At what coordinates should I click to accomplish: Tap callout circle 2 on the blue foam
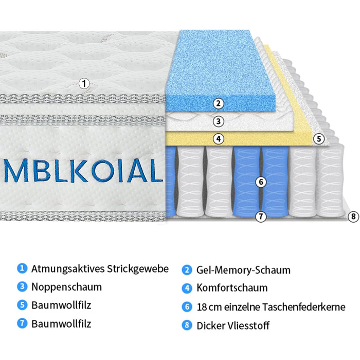(x=219, y=103)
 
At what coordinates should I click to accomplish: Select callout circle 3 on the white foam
(x=219, y=122)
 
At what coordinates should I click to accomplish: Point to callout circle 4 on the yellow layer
(x=219, y=138)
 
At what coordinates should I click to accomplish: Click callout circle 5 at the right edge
(x=319, y=138)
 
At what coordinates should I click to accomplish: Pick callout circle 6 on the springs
(x=261, y=182)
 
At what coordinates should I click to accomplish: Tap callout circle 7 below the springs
(x=261, y=217)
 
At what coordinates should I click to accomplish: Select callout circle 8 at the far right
(x=352, y=217)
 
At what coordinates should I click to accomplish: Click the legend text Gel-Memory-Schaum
(x=243, y=270)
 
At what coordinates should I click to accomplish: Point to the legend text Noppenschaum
(x=66, y=287)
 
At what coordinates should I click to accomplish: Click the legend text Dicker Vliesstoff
(x=233, y=326)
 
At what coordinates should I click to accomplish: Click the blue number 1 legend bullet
(x=22, y=268)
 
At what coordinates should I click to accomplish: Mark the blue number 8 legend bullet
(x=187, y=325)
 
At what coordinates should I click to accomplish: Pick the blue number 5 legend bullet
(x=22, y=305)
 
